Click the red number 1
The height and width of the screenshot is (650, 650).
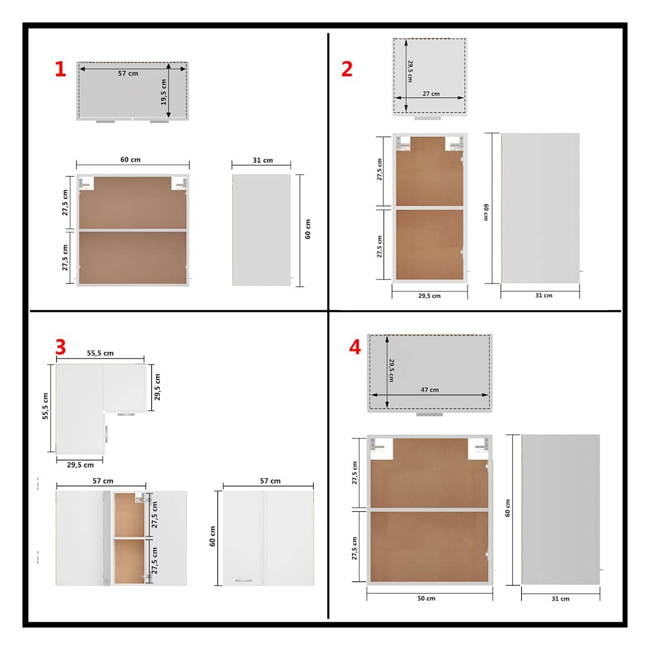click(x=60, y=69)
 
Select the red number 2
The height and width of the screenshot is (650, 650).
click(x=347, y=69)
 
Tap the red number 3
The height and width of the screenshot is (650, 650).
click(x=60, y=346)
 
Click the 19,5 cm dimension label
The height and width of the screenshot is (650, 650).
click(x=163, y=92)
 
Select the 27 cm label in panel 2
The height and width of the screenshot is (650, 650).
click(x=431, y=94)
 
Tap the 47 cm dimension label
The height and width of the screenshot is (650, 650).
click(x=430, y=389)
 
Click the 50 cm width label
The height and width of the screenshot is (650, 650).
click(x=426, y=598)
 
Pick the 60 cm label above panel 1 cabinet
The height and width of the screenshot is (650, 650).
click(x=131, y=160)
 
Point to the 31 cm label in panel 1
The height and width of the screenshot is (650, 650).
click(x=263, y=160)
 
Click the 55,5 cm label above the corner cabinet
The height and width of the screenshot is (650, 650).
click(x=100, y=353)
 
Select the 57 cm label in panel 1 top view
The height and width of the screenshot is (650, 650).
click(x=128, y=73)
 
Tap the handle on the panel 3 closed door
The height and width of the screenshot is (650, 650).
click(x=243, y=580)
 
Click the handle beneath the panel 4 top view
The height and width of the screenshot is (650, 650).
click(x=430, y=414)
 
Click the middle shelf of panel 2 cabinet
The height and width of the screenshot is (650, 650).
click(x=430, y=207)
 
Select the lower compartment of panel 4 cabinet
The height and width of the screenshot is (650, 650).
click(x=429, y=547)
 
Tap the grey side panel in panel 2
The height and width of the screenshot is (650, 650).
click(x=540, y=208)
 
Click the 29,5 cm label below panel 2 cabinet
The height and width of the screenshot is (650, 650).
click(x=430, y=295)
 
